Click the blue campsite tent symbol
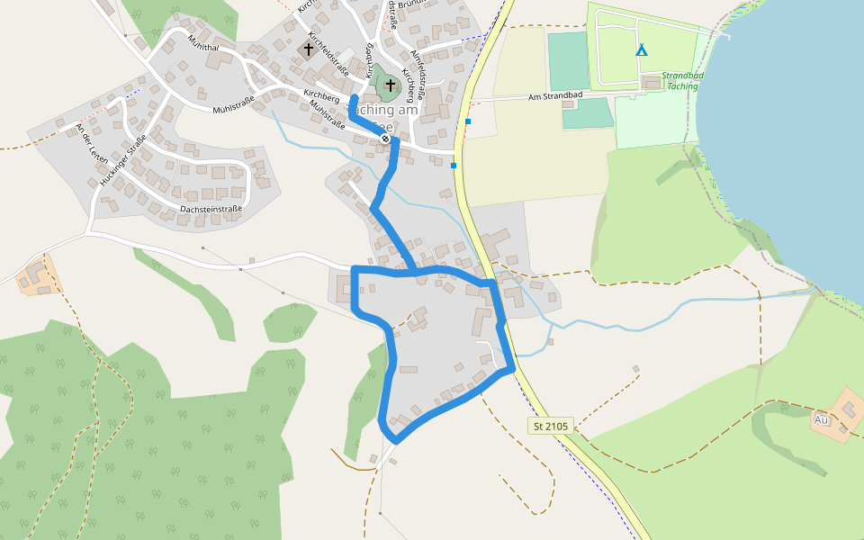coord(641,50)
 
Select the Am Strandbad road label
coord(556,96)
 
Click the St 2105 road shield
coord(551,426)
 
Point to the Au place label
coord(821,419)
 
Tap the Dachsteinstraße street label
coord(211,210)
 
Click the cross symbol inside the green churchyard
coord(390,85)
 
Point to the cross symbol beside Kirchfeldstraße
coord(309,49)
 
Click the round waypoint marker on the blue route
coord(385,139)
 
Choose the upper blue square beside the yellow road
coord(468,121)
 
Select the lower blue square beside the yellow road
coord(454,166)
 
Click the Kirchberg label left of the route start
coord(321,94)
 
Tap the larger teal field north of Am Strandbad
coord(569,61)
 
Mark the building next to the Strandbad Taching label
coord(652,83)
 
